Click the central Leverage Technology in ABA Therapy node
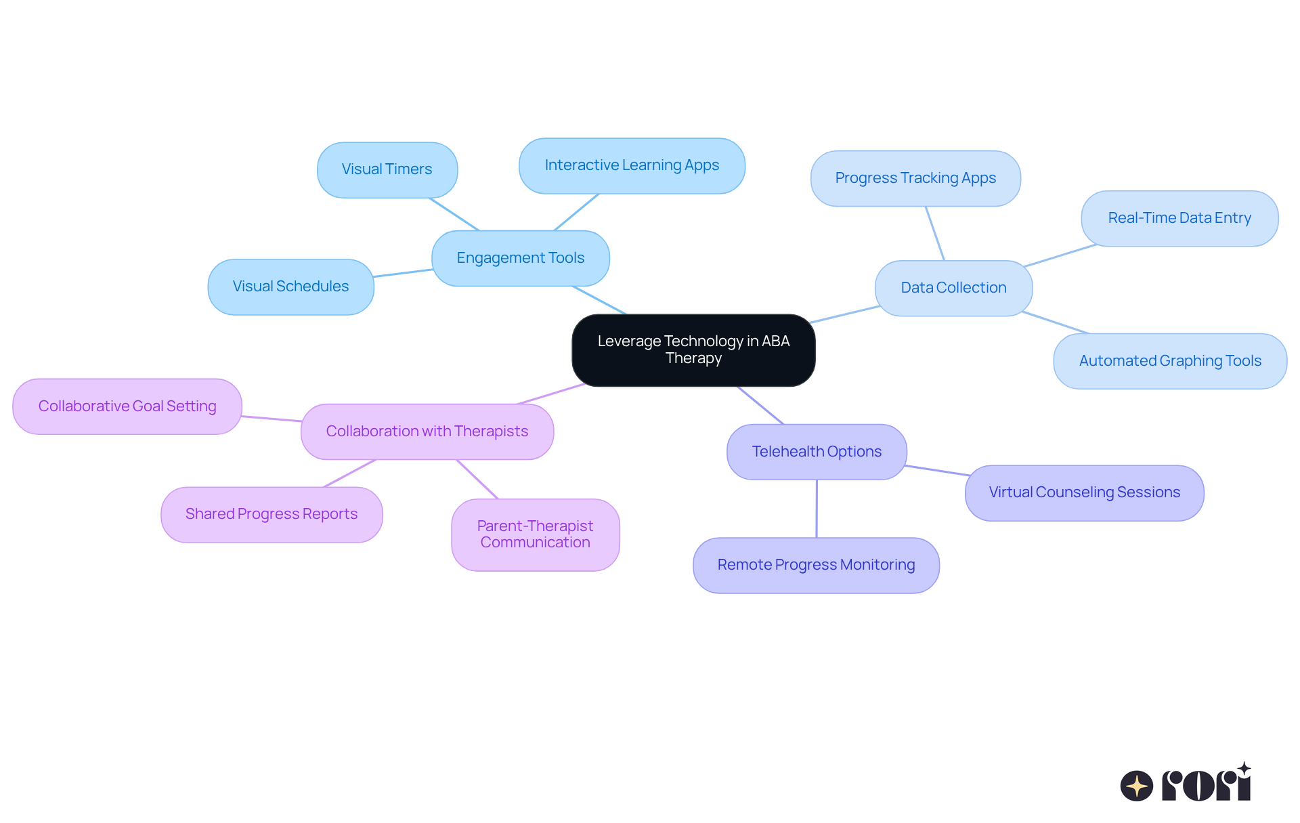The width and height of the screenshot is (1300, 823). point(693,350)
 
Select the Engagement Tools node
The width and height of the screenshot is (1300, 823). point(520,258)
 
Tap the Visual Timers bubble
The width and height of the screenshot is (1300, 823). point(387,169)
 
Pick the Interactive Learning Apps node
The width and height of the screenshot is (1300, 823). point(632,165)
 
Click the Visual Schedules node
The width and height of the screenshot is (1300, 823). point(290,287)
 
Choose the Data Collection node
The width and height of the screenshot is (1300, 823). point(953,288)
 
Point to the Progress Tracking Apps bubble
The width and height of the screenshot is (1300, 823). point(915,178)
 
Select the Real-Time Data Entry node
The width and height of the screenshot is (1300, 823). point(1179,218)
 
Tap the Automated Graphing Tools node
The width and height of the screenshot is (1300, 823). point(1170,361)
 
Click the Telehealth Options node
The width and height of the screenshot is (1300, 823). point(817,452)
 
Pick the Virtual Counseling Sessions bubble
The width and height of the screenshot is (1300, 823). point(1084,492)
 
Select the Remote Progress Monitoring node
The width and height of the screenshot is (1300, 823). point(816,565)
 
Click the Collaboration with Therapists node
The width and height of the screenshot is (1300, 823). point(427,431)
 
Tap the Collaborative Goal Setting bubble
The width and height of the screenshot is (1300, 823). point(127,406)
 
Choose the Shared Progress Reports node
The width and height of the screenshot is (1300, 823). point(272,514)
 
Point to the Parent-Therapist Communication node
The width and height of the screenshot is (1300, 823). point(535,534)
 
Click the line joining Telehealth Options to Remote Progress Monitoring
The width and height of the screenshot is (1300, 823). point(817,509)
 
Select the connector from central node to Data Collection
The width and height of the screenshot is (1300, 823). point(845,314)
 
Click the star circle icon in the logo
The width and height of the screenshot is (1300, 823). point(1136,786)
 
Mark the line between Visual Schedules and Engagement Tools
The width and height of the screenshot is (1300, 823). point(403,273)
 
